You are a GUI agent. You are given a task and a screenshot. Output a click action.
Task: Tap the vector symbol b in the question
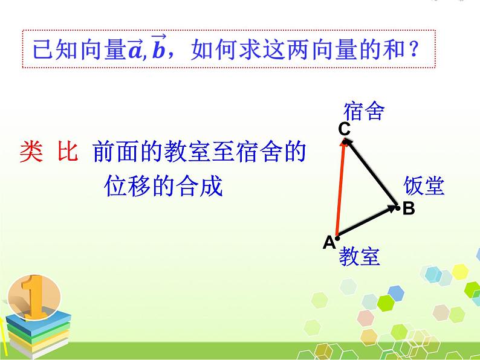(x=158, y=48)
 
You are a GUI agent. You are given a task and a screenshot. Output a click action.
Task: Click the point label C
(x=344, y=128)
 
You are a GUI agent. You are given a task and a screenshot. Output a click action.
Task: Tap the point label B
(x=409, y=209)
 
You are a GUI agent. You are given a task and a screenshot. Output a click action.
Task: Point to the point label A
(x=328, y=243)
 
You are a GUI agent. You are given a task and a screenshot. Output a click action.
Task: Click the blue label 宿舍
(x=364, y=111)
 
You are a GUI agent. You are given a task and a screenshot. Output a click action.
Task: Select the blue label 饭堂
(x=424, y=186)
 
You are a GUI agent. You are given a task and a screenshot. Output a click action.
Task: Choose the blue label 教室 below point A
(x=359, y=257)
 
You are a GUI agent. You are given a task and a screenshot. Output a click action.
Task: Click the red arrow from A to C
(x=340, y=187)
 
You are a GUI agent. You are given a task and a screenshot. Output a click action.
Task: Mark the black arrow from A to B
(x=367, y=221)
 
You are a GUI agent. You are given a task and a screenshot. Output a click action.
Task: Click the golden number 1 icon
(x=34, y=296)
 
